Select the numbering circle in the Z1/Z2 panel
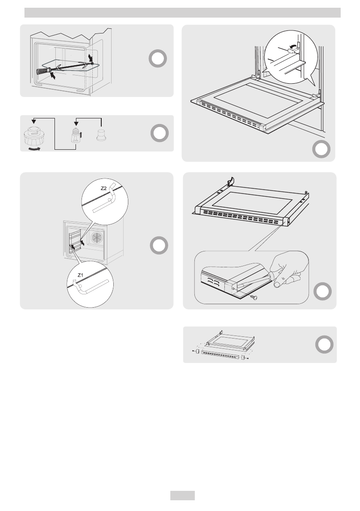pyautogui.click(x=159, y=246)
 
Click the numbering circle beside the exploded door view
pyautogui.click(x=324, y=345)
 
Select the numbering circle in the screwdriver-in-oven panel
pyautogui.click(x=158, y=59)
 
